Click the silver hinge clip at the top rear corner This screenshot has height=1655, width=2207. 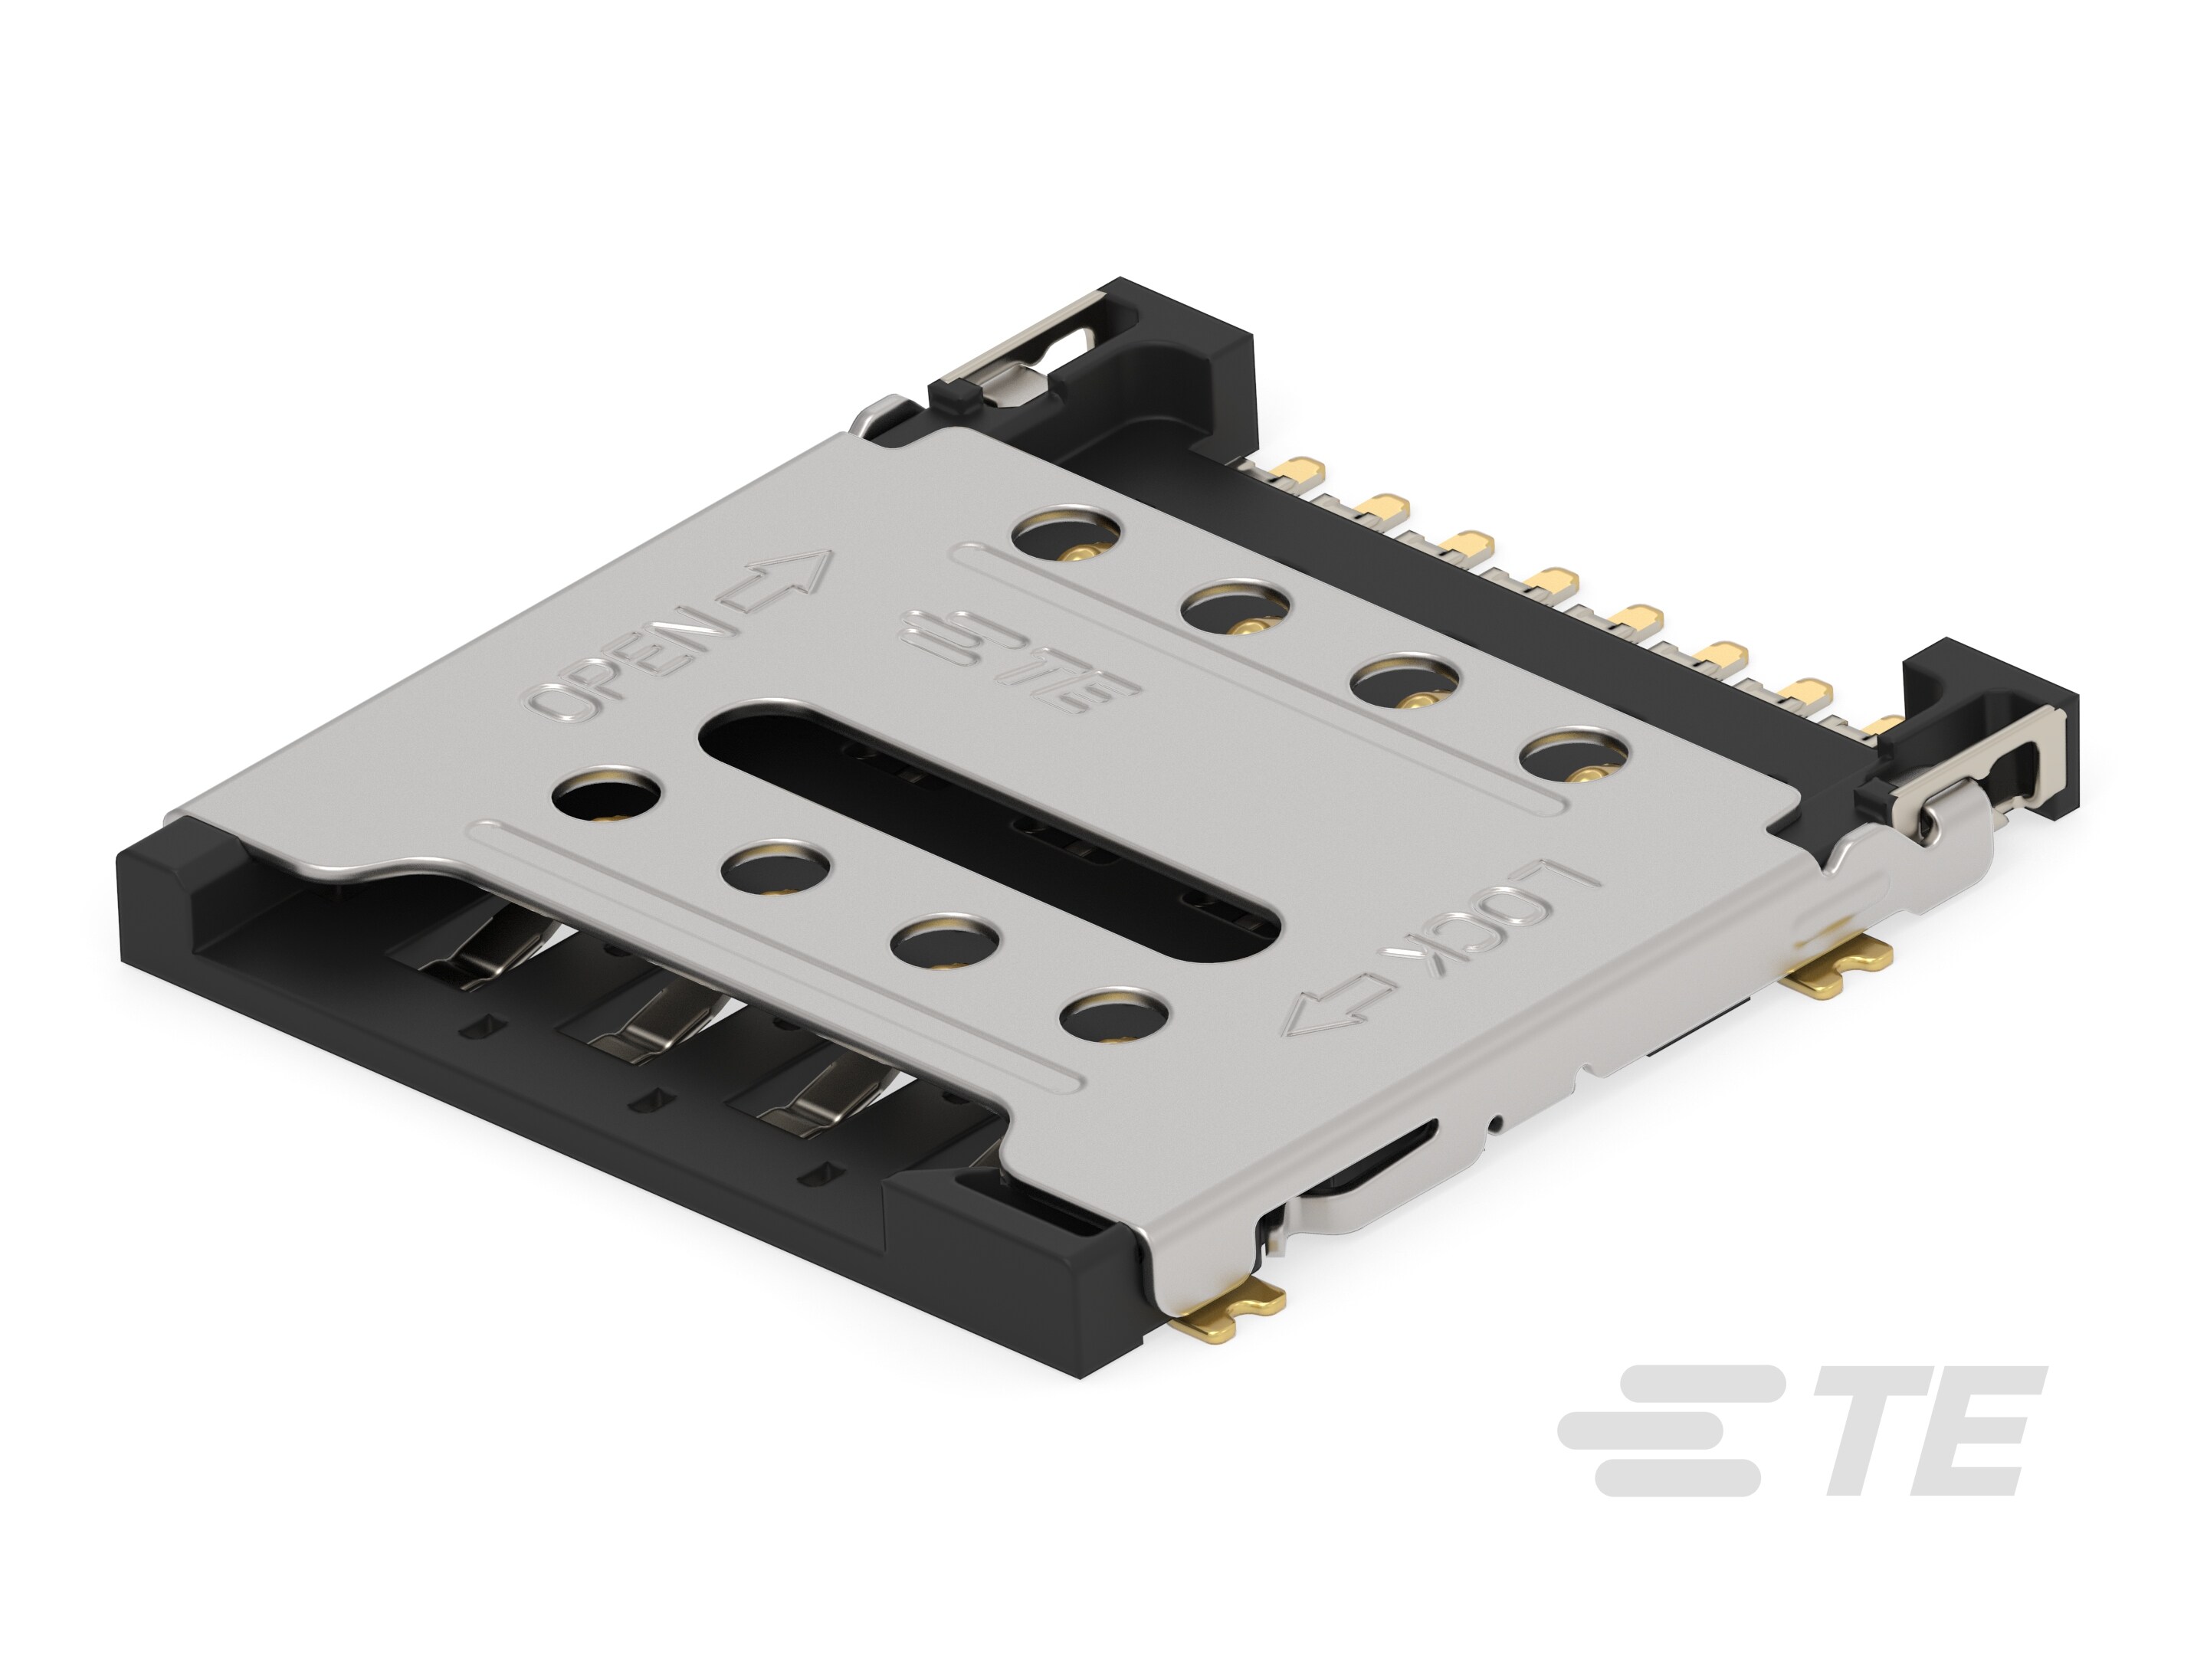[1018, 369]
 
